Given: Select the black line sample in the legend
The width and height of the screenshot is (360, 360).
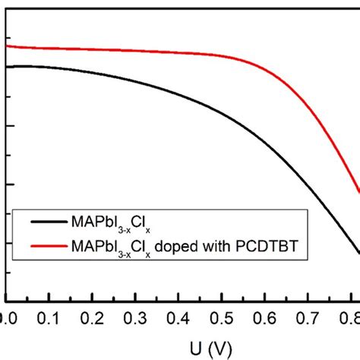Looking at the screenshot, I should click(x=48, y=223).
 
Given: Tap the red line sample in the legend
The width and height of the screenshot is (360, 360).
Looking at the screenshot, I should click(x=48, y=246).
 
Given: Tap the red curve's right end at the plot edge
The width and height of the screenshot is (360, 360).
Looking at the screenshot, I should click(x=358, y=193).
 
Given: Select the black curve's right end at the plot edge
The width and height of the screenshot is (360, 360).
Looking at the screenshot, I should click(x=358, y=254).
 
